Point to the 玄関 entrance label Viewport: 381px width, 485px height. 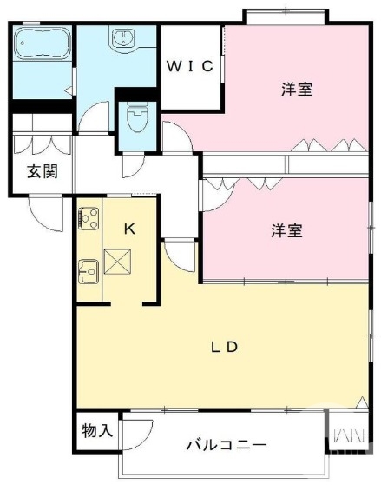click(x=42, y=171)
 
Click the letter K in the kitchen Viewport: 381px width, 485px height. click(x=129, y=229)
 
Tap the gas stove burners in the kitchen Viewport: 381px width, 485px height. click(x=89, y=218)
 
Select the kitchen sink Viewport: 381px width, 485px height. click(x=89, y=276)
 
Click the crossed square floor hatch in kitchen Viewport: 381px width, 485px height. click(x=116, y=260)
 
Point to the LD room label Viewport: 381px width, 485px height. click(x=225, y=347)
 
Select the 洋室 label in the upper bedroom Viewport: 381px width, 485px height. click(x=297, y=89)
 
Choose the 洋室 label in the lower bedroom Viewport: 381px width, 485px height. click(x=286, y=230)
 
